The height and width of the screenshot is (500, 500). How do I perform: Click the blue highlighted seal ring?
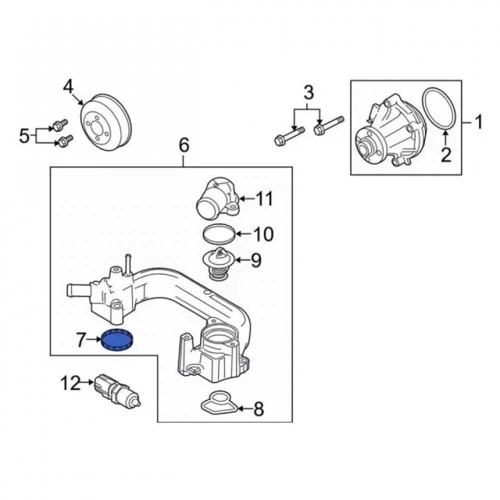[119, 341]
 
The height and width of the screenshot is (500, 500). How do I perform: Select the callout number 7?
[82, 341]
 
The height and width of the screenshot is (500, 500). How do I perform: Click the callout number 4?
[69, 88]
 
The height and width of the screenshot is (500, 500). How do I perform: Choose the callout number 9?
[256, 259]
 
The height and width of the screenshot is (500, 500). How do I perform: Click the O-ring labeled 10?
[218, 233]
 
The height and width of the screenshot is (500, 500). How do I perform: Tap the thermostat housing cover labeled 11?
[215, 199]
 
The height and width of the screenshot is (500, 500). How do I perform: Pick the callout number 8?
[258, 409]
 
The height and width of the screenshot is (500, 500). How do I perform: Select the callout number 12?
[71, 384]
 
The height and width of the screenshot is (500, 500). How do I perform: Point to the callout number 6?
[183, 145]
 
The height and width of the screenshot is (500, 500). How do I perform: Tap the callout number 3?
[308, 92]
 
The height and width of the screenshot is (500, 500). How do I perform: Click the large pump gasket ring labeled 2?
[440, 109]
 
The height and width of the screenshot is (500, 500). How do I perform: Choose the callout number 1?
[478, 122]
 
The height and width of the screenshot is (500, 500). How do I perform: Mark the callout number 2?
[445, 155]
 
